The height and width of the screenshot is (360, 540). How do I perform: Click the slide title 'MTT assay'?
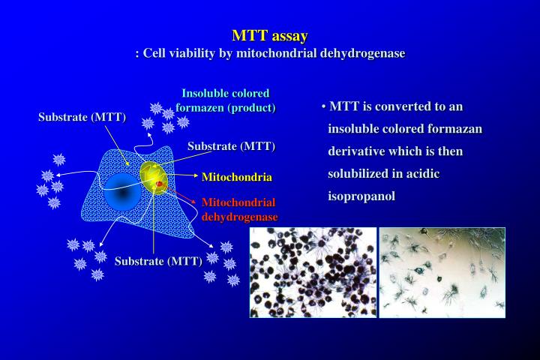pos(270,35)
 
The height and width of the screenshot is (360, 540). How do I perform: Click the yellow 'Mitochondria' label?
pos(236,178)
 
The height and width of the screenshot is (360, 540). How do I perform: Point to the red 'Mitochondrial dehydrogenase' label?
pos(239,209)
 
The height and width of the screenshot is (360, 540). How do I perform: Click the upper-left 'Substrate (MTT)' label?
pos(82,118)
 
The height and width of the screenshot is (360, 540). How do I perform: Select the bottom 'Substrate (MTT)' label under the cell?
pos(158,262)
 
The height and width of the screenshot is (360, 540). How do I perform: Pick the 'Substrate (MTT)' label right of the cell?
pos(231,145)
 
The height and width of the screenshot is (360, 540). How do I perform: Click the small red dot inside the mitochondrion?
pos(159,183)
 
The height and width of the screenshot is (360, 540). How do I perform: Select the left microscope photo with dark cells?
pos(313,272)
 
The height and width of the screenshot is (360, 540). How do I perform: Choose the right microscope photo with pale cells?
pos(442,272)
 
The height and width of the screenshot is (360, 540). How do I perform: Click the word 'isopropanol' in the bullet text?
pos(361,196)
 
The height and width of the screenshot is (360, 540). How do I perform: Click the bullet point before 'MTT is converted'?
pos(323,107)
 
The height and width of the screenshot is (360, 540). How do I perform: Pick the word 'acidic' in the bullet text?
pos(421,174)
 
